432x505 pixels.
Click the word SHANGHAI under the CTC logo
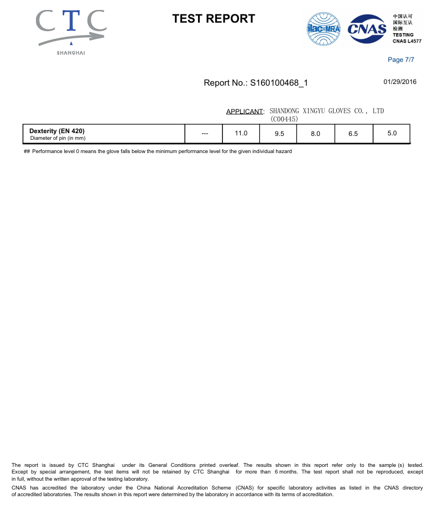click(71, 53)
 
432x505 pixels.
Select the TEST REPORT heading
click(214, 19)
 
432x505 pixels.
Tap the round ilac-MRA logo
click(323, 28)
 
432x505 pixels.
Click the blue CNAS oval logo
click(367, 28)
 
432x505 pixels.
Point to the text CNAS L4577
click(407, 41)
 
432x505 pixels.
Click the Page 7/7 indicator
click(401, 60)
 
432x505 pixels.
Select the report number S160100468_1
click(279, 83)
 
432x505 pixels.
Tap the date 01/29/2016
click(400, 82)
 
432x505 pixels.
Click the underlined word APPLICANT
click(244, 112)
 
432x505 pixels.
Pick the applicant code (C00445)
click(284, 119)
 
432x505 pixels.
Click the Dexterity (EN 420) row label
click(57, 131)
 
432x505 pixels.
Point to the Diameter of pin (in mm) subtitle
click(57, 138)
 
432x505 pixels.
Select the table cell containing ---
click(205, 134)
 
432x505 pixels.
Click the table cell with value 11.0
click(241, 133)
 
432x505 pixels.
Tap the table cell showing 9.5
click(279, 134)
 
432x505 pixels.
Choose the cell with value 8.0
click(316, 134)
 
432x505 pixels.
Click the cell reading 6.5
click(353, 134)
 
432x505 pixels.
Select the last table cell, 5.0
click(392, 133)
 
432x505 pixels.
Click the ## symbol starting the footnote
click(27, 151)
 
